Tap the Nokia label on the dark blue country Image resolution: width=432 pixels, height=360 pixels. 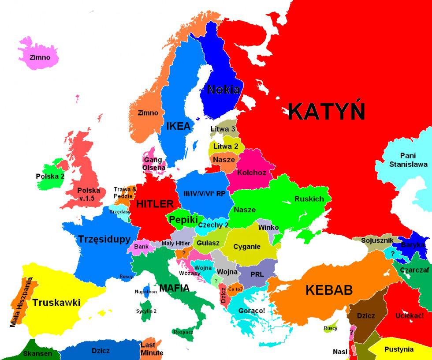coord(223,90)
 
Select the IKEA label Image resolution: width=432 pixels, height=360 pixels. coord(179,126)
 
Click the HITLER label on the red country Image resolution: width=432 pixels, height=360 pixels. coord(154,204)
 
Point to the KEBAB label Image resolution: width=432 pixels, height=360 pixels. coord(329,290)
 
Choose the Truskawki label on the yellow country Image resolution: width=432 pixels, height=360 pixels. coord(56,303)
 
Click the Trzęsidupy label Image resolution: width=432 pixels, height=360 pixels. coord(104,239)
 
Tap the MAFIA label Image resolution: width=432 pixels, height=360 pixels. coord(174,288)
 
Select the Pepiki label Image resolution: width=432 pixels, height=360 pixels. coord(183,220)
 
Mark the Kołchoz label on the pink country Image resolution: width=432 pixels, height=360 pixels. coord(252,172)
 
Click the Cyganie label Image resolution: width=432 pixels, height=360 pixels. coord(247,247)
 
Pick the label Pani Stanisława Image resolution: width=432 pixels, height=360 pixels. coord(408,160)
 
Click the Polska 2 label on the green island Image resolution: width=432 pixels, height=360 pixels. coord(50,176)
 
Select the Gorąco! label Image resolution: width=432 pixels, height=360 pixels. coord(252,311)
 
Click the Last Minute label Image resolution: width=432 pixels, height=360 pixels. coord(152,349)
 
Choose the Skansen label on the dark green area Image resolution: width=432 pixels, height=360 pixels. coord(37,353)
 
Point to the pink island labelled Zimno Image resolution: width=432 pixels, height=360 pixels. coord(40,57)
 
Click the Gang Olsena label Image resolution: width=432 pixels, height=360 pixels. coord(154,164)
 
